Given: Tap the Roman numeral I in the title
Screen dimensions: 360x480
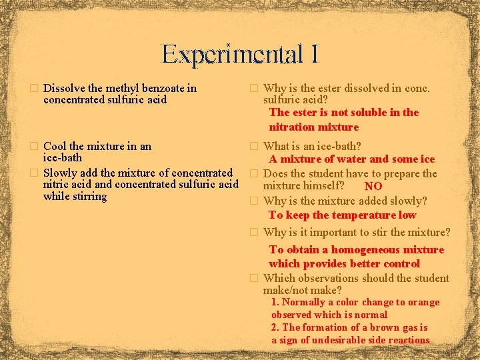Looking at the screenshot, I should click(x=313, y=55).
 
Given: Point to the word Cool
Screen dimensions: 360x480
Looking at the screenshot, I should click(x=54, y=146).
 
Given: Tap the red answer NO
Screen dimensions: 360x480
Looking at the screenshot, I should click(x=373, y=187).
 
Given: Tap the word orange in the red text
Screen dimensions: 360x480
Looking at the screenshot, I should click(x=423, y=302).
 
